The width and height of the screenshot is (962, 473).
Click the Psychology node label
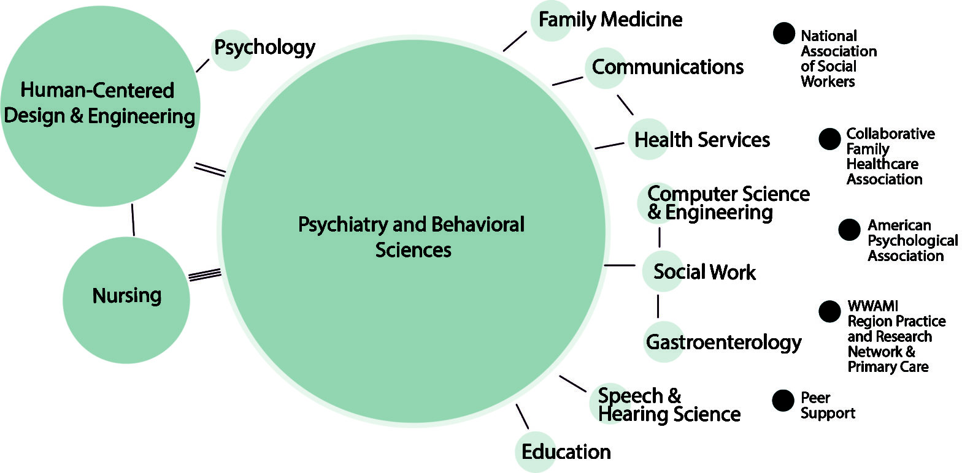click(x=264, y=47)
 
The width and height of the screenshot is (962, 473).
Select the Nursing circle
click(x=126, y=296)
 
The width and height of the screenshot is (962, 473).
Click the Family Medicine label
click(x=610, y=20)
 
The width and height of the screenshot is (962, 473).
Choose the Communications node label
click(x=668, y=67)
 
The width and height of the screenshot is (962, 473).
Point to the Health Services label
click(x=701, y=140)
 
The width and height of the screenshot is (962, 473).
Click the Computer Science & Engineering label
click(x=728, y=203)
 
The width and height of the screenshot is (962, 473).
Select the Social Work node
click(x=704, y=271)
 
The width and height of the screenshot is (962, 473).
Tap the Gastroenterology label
click(x=723, y=342)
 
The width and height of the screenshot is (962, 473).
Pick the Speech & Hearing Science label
click(x=669, y=404)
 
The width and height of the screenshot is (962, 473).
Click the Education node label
click(x=566, y=452)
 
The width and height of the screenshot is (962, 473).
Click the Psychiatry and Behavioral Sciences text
click(x=412, y=236)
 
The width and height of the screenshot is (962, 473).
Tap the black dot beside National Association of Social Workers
click(x=783, y=34)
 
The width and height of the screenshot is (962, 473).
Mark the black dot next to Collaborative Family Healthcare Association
click(x=829, y=139)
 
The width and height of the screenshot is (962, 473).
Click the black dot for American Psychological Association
click(x=850, y=230)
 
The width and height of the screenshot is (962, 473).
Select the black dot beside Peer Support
click(x=783, y=401)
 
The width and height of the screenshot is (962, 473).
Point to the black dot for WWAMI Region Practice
click(x=829, y=311)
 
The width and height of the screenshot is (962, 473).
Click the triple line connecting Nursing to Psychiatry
click(x=204, y=274)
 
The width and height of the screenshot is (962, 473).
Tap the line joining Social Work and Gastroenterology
click(x=658, y=305)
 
